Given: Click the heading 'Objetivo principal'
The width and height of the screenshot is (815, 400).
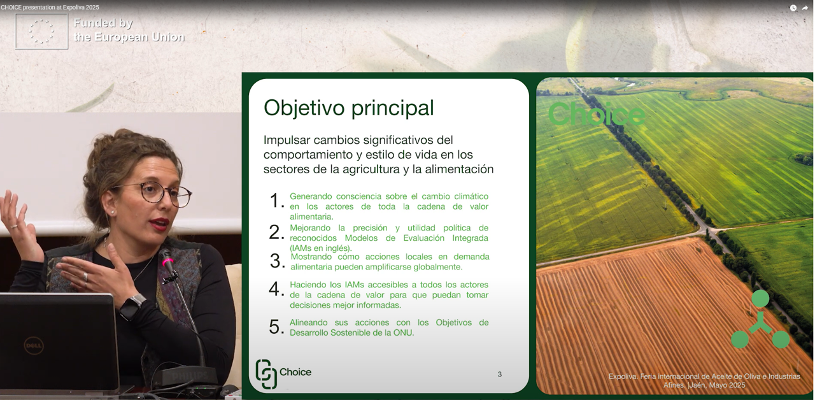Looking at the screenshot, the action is coord(348,108).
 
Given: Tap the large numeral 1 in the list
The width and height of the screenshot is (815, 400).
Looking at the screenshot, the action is coord(276,201).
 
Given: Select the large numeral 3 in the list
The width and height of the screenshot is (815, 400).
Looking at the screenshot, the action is coord(277,261).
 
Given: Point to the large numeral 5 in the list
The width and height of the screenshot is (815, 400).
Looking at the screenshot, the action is coord(276,327).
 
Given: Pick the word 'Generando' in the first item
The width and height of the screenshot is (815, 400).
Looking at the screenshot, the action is coord(311,196).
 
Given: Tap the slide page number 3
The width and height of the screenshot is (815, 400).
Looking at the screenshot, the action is coord(500,374).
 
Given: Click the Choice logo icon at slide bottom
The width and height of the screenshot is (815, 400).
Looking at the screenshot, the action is coord(266,374).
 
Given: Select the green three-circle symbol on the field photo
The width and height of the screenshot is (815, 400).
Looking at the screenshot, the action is coord(760,319).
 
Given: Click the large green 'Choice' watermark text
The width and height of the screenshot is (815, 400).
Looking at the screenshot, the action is coord(597,114).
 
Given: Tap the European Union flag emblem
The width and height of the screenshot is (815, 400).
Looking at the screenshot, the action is coord(41,31).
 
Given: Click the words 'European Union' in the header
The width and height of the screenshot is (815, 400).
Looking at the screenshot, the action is coord(139,37).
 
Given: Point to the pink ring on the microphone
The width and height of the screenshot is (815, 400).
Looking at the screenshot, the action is coord(167,262).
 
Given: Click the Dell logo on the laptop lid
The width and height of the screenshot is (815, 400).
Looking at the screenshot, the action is coord(34,345).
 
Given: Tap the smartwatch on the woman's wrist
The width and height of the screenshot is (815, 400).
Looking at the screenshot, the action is coord(132,307).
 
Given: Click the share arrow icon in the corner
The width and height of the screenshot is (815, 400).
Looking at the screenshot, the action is coord(805,8).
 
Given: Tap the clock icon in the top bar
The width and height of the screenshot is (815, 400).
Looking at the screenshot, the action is coord(793,8).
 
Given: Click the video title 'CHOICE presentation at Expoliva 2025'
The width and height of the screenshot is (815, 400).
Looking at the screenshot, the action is coord(50,7).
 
